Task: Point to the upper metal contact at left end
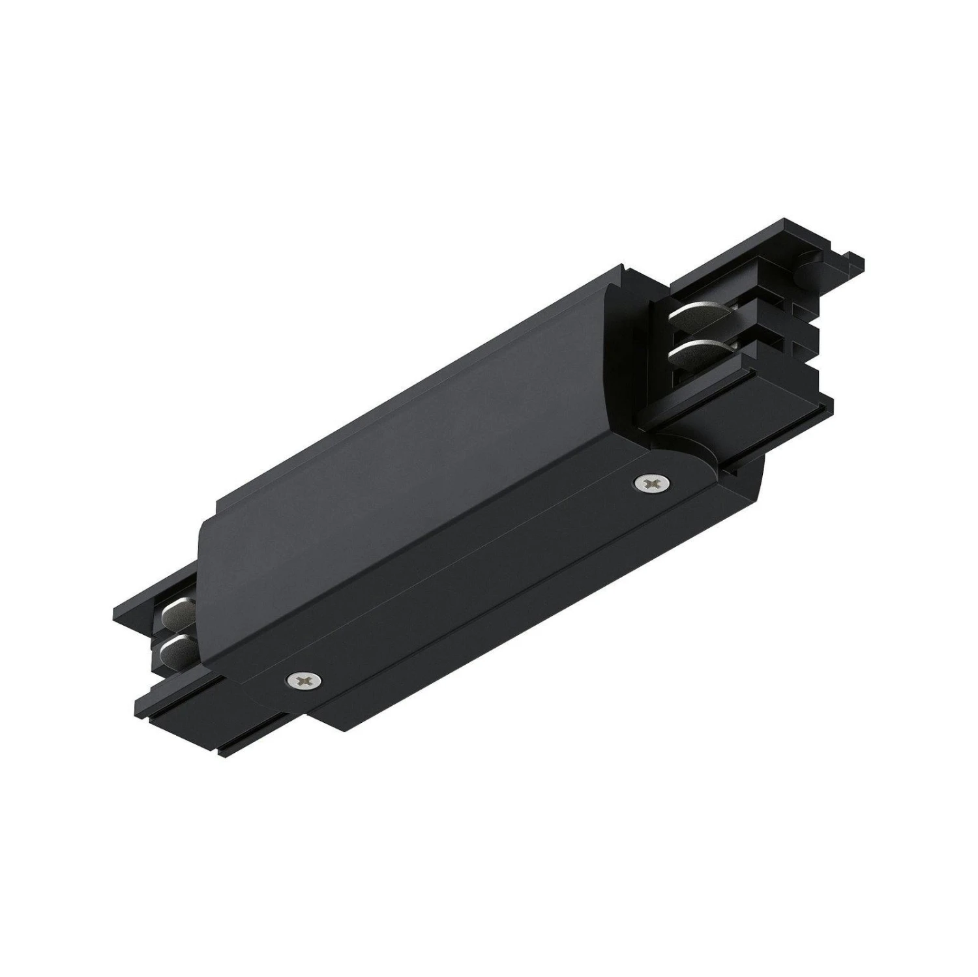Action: pyautogui.click(x=175, y=612)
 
